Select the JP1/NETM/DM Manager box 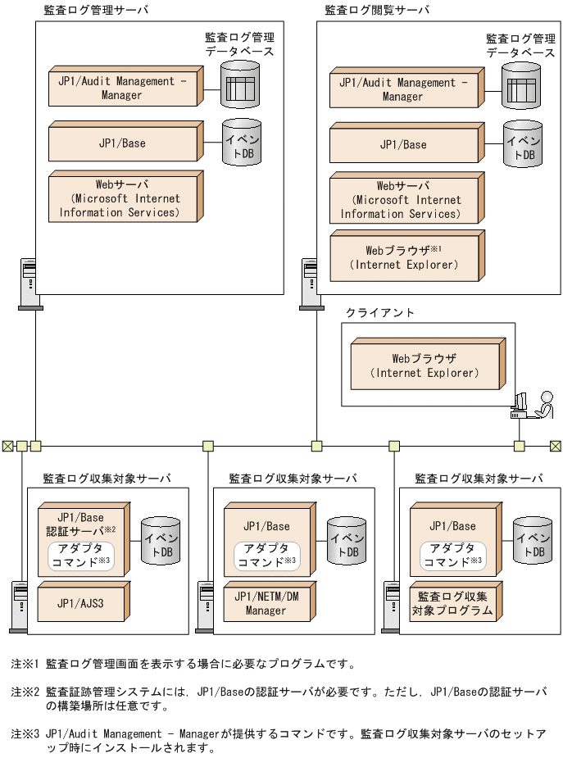coord(266,604)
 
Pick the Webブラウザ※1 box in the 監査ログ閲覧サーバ coord(403,257)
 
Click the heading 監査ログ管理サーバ coord(96,10)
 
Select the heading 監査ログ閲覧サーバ coord(377,10)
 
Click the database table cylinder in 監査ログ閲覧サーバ coord(521,85)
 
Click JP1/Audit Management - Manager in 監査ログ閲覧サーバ coord(402,89)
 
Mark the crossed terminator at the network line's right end coord(556,446)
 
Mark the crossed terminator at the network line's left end coord(7,446)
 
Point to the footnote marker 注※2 coord(25,692)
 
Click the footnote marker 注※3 coord(25,734)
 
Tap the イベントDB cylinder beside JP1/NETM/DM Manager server coord(347,541)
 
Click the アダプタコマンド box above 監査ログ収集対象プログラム coord(452,556)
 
